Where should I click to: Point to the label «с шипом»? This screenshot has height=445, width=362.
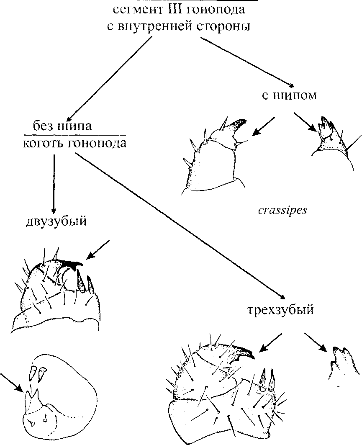289,95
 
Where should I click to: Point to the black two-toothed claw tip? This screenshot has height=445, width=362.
75,264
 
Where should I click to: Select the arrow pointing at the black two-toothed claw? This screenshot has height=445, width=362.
98,250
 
